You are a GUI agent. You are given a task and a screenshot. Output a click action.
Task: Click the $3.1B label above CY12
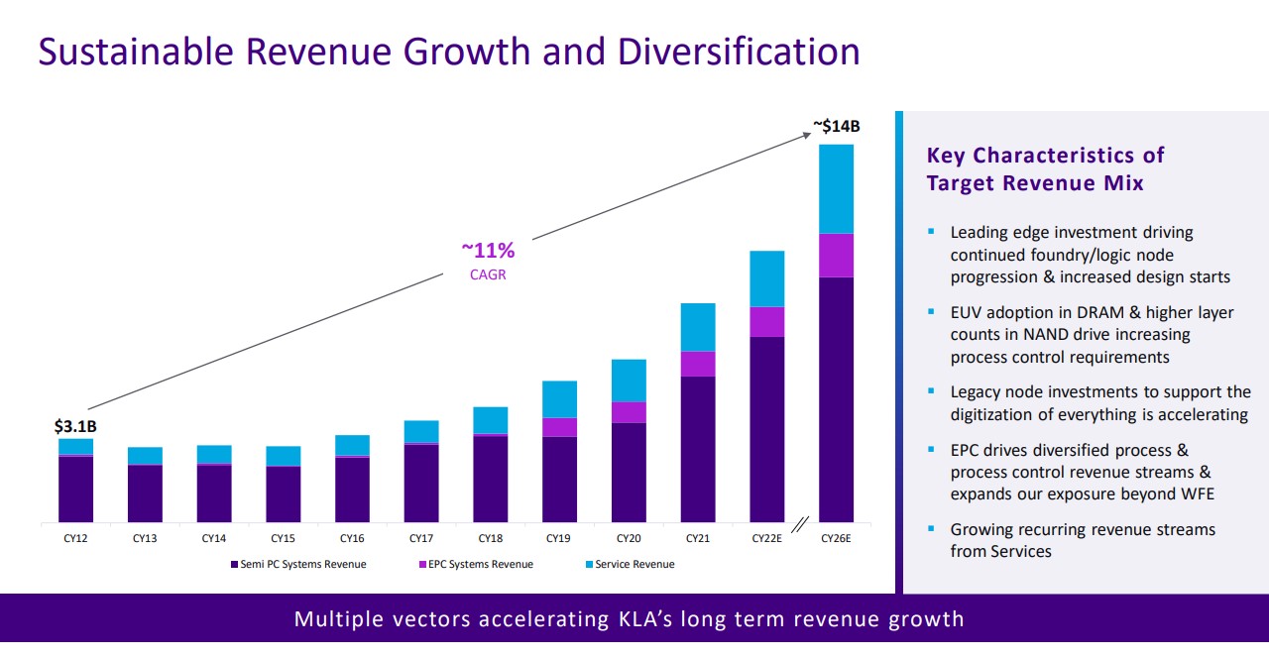75,427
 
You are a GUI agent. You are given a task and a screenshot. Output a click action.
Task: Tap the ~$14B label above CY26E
837,126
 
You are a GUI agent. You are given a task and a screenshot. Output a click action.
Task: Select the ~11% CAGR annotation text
488,261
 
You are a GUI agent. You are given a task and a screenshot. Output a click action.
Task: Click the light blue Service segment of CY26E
836,188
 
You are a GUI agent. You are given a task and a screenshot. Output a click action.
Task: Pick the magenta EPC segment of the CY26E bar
836,255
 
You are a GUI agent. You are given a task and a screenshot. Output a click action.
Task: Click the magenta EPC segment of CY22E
767,322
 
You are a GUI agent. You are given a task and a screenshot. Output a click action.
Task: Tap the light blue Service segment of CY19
560,399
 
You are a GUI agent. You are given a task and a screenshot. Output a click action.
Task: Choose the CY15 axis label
283,539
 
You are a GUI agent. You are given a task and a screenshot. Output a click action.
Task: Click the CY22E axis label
766,539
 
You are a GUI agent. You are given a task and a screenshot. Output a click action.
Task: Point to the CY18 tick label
491,539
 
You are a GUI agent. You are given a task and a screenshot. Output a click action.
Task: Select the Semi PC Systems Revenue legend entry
297,565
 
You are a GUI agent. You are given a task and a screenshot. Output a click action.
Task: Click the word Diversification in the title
739,52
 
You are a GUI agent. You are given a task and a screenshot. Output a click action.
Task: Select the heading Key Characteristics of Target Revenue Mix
1045,169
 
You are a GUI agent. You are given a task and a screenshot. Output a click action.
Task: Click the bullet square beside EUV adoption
931,311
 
